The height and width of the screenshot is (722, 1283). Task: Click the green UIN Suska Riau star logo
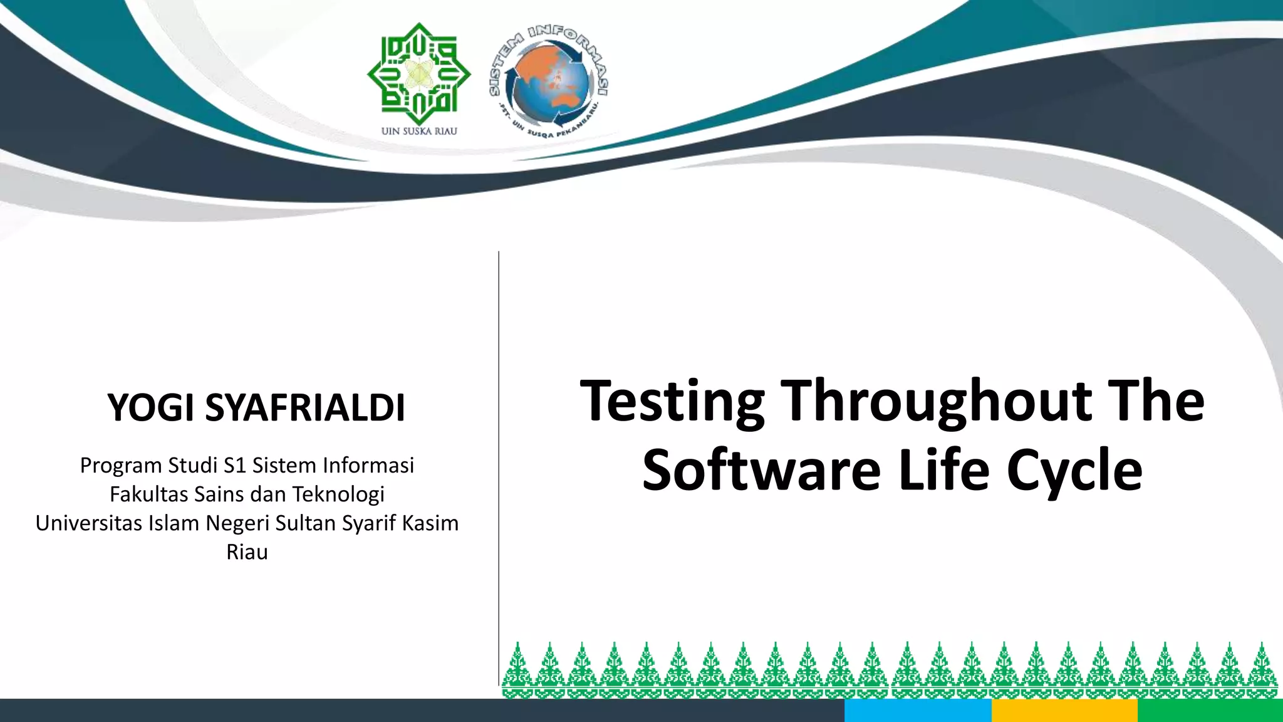coord(418,74)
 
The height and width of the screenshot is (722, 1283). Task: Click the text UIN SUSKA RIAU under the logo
coord(419,131)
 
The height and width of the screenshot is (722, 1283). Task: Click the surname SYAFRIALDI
coord(305,408)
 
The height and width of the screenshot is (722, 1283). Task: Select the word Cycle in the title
coord(1074,471)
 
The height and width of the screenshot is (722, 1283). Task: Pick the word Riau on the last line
coord(247,552)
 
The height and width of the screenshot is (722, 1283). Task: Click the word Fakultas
coord(148,494)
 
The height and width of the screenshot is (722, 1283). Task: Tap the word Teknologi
coord(338,494)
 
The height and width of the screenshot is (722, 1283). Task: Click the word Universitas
coord(88,523)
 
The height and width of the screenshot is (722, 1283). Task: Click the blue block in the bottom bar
coord(918,711)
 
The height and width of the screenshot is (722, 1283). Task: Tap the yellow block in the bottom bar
coord(1064,711)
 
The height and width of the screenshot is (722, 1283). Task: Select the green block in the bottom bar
coord(1210,711)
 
